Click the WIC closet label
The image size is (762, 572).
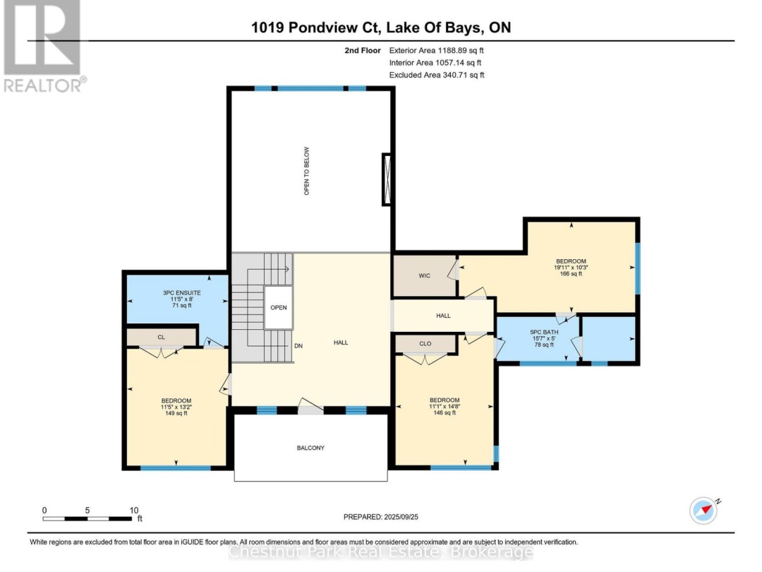click(x=424, y=275)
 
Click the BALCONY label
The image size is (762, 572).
click(x=310, y=448)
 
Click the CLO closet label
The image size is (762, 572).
click(x=425, y=344)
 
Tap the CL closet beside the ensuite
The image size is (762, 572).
click(x=161, y=338)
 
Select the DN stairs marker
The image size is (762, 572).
click(x=299, y=347)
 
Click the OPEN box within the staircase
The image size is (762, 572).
click(x=279, y=309)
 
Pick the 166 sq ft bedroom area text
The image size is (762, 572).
click(x=570, y=274)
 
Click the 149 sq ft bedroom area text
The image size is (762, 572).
click(x=175, y=413)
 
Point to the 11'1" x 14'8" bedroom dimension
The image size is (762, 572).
click(x=445, y=406)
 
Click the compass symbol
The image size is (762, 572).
click(x=703, y=510)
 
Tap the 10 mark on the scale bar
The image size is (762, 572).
click(x=133, y=510)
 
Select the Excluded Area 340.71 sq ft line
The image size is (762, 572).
click(x=437, y=75)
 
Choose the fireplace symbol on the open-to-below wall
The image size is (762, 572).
click(x=386, y=179)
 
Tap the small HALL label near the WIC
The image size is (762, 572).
click(x=443, y=316)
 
